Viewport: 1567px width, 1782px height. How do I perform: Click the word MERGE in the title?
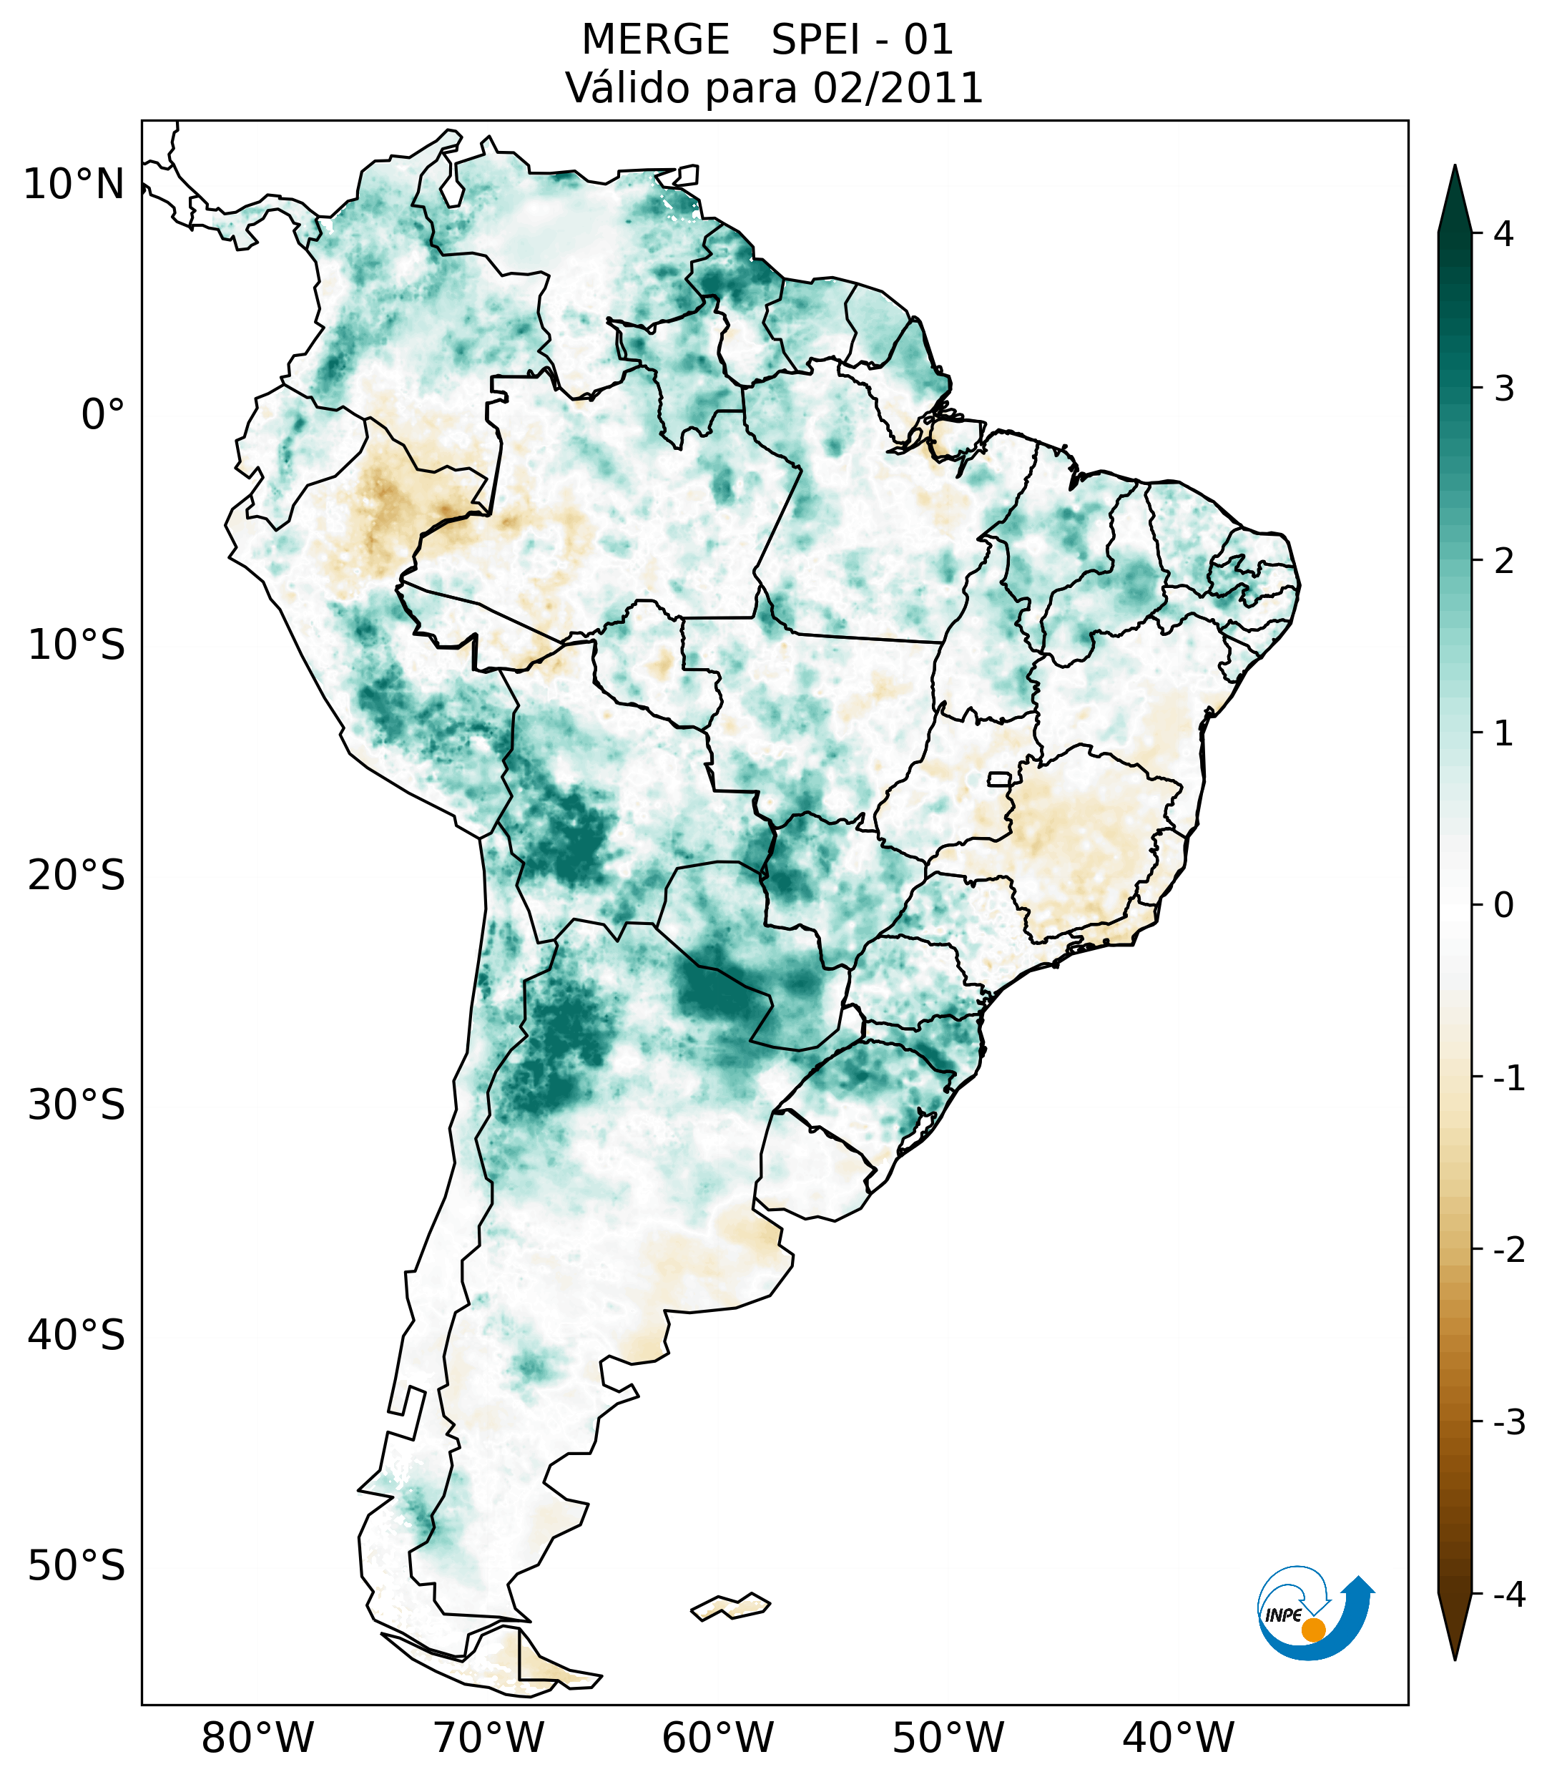point(655,40)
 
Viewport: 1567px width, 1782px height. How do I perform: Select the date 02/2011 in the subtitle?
point(898,88)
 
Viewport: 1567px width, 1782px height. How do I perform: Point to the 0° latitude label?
point(103,415)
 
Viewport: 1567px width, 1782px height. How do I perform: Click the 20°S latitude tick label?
point(77,876)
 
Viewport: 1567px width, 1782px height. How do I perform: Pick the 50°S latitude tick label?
point(77,1567)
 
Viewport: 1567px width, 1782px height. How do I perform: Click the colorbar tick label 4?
point(1503,234)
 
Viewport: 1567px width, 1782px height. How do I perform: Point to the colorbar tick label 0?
point(1503,906)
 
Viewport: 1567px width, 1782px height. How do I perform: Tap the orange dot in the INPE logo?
point(1312,1630)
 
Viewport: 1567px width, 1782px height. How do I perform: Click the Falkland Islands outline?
point(730,1606)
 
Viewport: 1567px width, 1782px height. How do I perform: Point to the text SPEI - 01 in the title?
point(862,40)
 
